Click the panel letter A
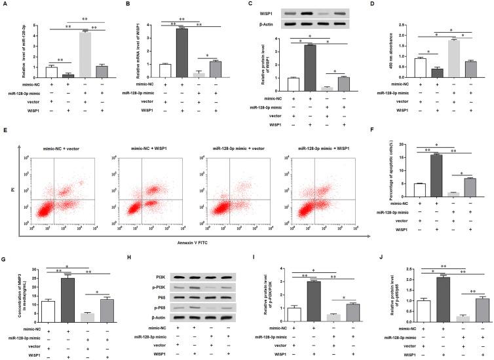tap(5, 5)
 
